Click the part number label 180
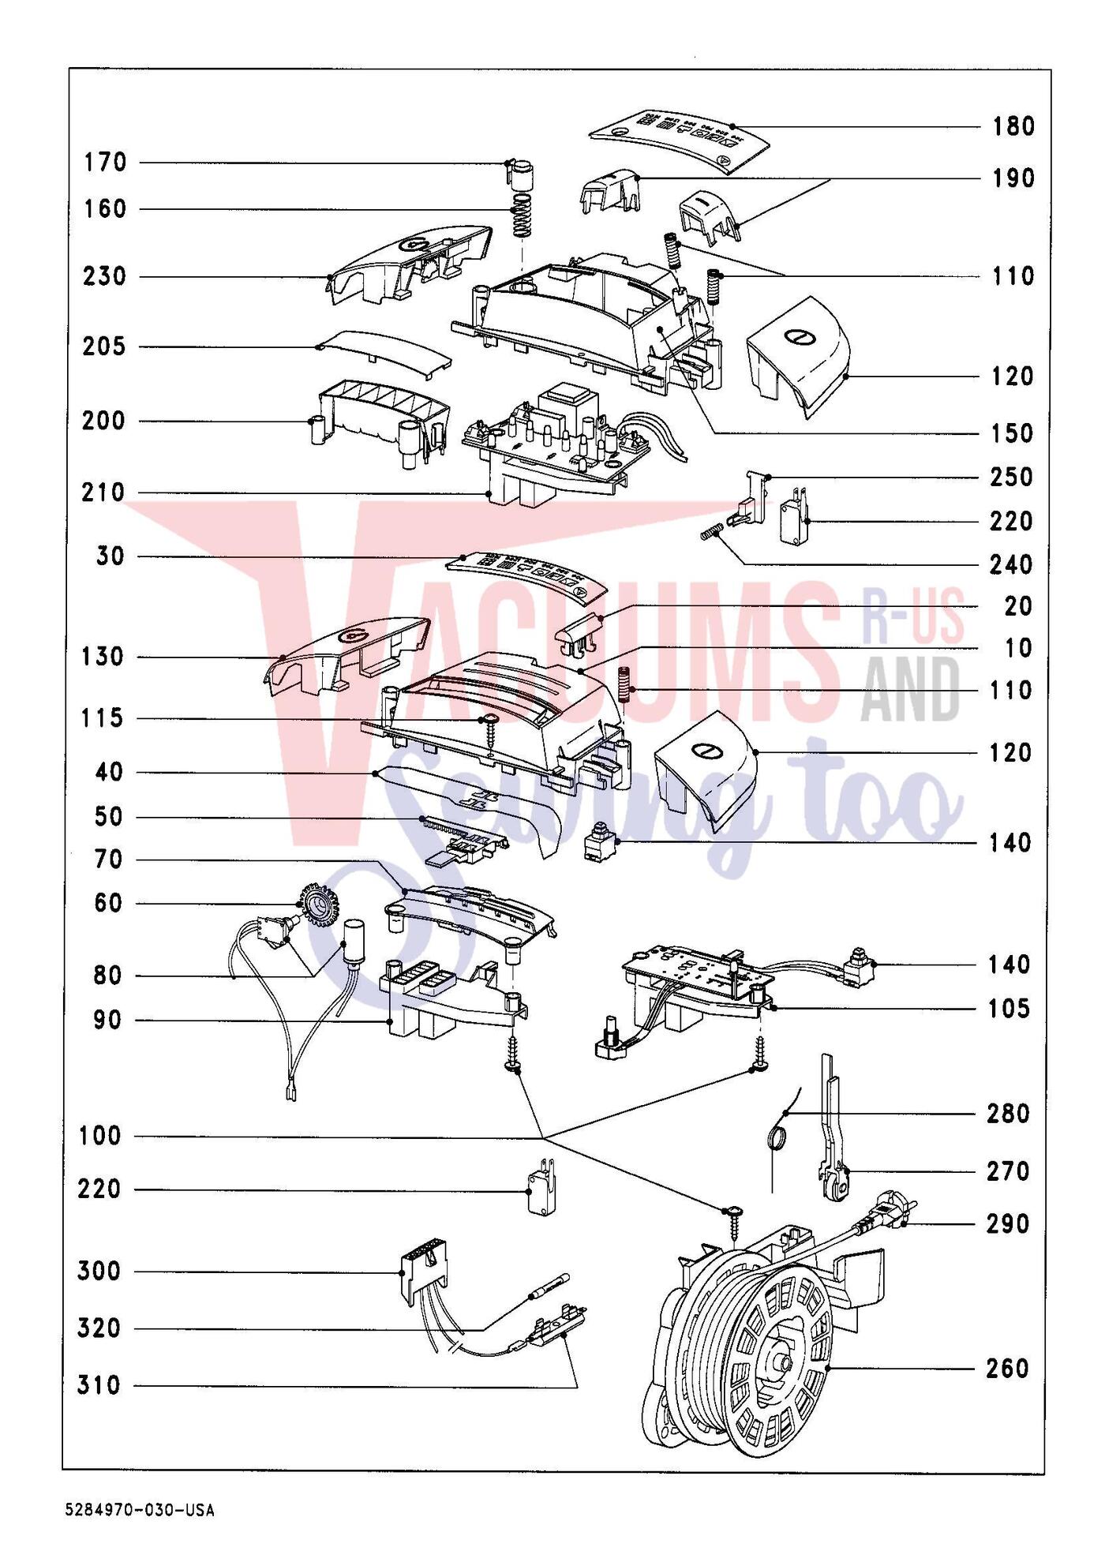(1013, 126)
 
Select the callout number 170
(106, 163)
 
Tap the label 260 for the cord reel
(1008, 1368)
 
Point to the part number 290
(1008, 1224)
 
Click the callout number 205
(104, 346)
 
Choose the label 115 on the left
(102, 718)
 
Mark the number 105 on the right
(1009, 1009)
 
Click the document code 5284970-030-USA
(140, 1511)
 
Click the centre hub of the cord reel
(781, 1363)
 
